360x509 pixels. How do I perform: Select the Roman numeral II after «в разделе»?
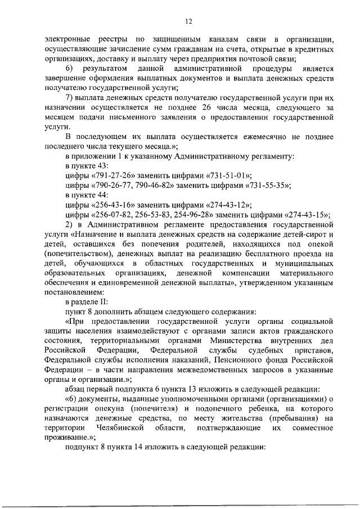110,300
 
